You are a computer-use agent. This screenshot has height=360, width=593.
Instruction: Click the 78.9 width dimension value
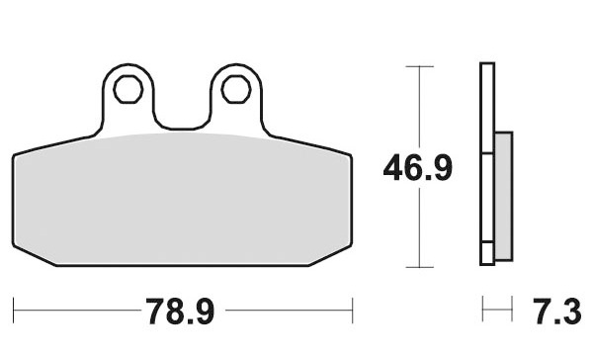[x=181, y=312]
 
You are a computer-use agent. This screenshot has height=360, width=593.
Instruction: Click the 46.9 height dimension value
[x=418, y=168]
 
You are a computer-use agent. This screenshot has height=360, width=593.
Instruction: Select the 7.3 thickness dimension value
[x=557, y=312]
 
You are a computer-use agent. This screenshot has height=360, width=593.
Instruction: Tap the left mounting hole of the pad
[x=128, y=89]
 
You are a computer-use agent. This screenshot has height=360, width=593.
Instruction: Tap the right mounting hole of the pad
[x=236, y=89]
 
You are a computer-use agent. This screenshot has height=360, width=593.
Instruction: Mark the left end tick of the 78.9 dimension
[x=13, y=311]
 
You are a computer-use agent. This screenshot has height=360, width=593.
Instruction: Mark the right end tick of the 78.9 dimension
[x=353, y=311]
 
